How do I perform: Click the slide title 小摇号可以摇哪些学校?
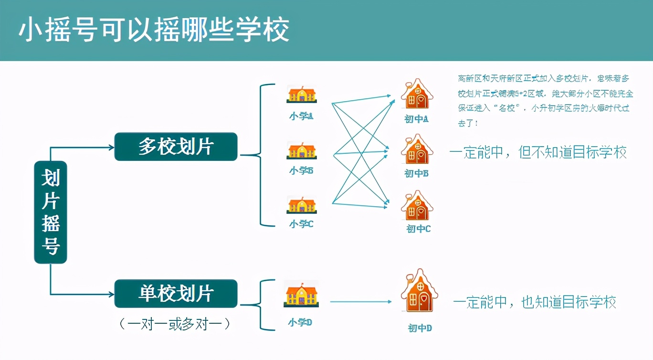point(154,31)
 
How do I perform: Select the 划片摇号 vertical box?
point(51,212)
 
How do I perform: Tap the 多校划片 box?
point(176,147)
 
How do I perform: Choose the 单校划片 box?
point(176,294)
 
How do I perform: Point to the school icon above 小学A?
point(301,94)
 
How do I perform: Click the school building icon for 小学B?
point(301,150)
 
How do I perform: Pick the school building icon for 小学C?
point(301,204)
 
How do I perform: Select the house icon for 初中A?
point(417,95)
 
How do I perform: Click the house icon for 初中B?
point(417,149)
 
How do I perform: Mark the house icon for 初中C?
point(417,206)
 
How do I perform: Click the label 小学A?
point(301,116)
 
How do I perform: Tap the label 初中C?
point(418,229)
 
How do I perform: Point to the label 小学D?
point(300,323)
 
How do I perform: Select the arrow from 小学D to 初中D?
point(360,301)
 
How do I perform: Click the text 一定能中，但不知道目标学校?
point(537,152)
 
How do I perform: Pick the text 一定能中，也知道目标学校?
point(535,302)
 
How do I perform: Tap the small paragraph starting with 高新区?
point(543,100)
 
